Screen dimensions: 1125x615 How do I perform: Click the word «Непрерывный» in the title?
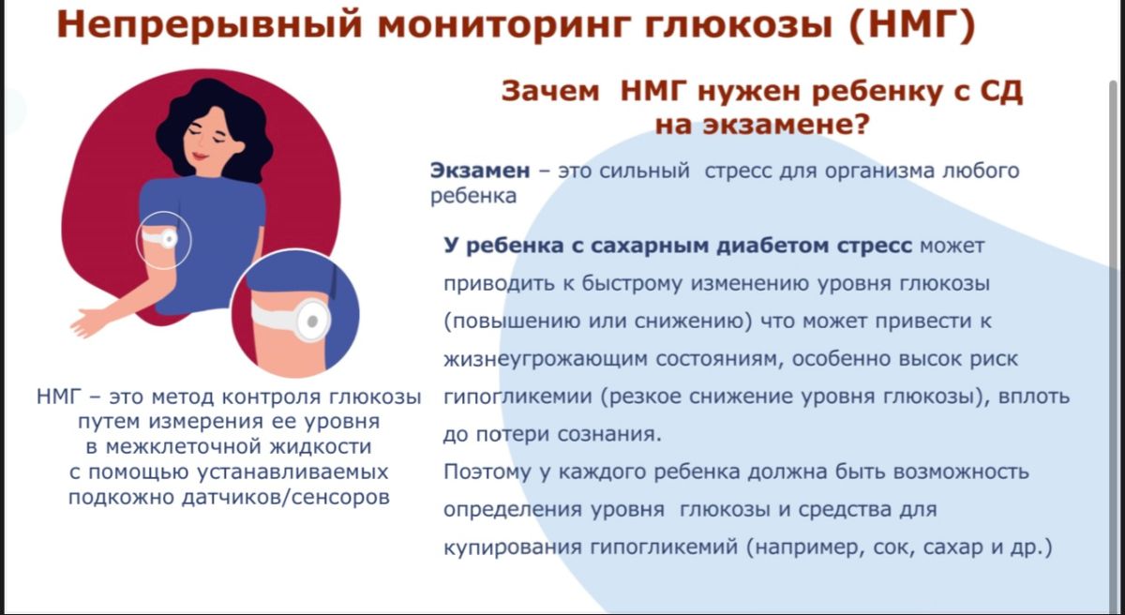point(209,25)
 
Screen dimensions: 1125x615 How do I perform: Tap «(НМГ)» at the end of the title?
point(911,24)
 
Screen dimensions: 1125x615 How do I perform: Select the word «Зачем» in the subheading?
point(550,91)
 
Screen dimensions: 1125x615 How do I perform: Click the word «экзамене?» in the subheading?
point(786,125)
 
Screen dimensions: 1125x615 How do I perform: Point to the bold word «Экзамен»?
point(480,171)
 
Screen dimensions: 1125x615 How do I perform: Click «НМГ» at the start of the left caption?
point(58,397)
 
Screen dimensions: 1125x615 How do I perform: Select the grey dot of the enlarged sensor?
point(312,322)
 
